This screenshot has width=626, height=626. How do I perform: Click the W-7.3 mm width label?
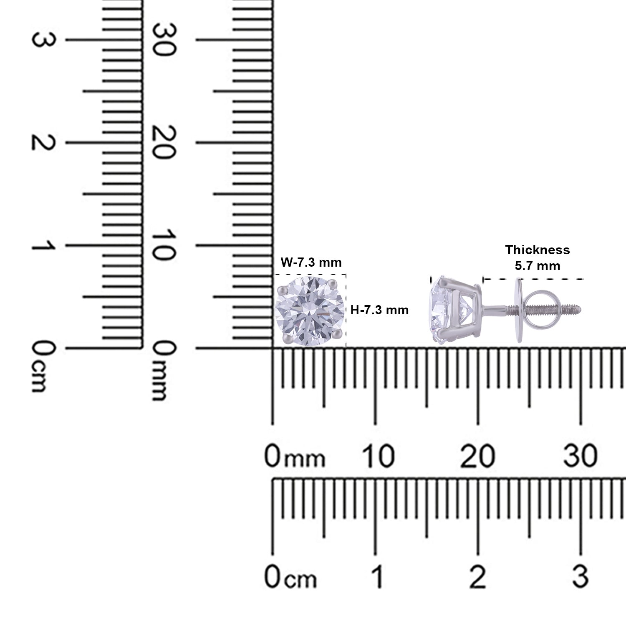[311, 263]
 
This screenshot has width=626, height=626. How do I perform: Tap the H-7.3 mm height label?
[379, 310]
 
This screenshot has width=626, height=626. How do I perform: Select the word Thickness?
[538, 250]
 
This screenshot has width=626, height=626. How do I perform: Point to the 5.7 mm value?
[538, 265]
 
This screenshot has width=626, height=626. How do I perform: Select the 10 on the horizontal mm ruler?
[378, 456]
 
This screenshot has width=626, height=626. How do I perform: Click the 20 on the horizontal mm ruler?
[478, 456]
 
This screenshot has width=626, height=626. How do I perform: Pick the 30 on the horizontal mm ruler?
[581, 456]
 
